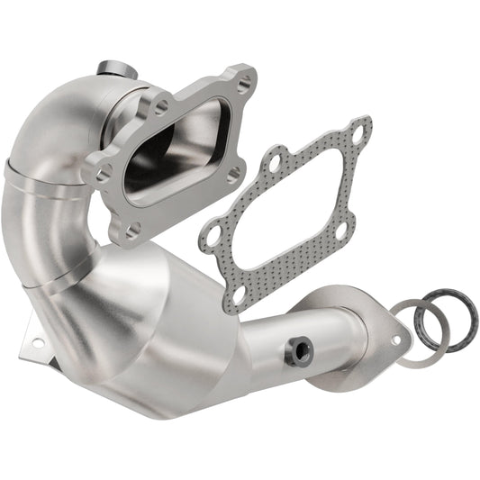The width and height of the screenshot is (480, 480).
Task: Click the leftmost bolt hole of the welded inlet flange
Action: [x=102, y=170]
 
